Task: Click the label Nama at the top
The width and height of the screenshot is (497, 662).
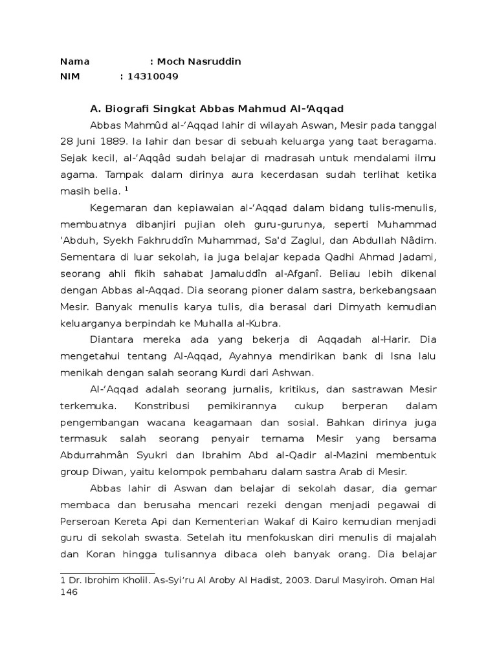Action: pyautogui.click(x=74, y=62)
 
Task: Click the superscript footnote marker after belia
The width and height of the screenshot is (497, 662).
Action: pyautogui.click(x=126, y=189)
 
